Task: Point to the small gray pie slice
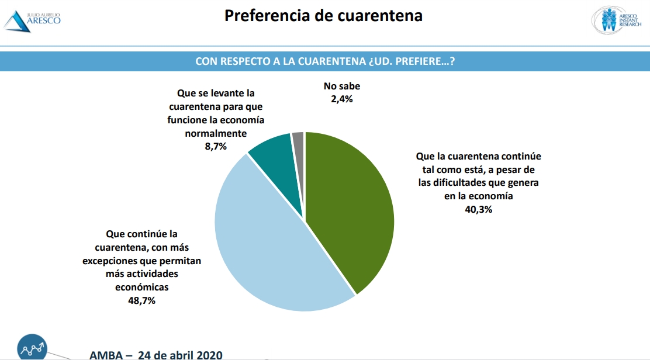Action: point(299,140)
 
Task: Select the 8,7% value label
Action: point(216,147)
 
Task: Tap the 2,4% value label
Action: point(341,99)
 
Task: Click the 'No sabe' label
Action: point(341,86)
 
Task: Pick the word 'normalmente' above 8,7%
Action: point(216,133)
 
